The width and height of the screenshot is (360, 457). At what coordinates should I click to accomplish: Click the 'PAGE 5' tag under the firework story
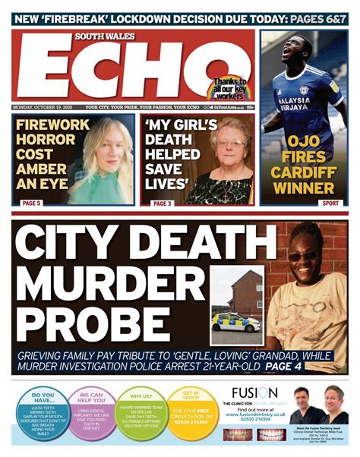pyautogui.click(x=31, y=204)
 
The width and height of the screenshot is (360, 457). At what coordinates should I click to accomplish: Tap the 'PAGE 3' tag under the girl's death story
pyautogui.click(x=163, y=204)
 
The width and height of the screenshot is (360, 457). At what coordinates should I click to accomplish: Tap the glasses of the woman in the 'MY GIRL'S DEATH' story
pyautogui.click(x=228, y=143)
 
